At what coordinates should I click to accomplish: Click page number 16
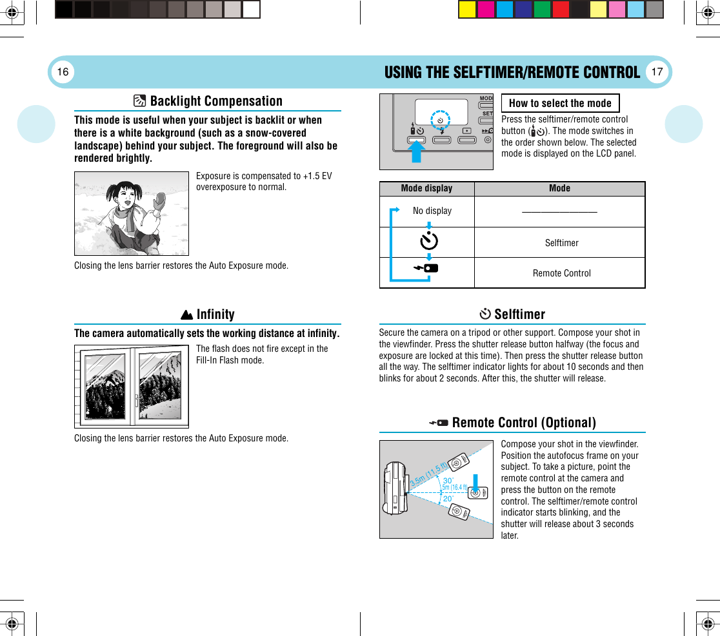click(63, 72)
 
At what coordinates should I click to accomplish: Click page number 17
click(657, 72)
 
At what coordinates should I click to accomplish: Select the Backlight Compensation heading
click(215, 101)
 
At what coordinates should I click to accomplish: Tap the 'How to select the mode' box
click(559, 103)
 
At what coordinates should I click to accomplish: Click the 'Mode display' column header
click(426, 188)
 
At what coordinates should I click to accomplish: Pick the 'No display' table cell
click(432, 211)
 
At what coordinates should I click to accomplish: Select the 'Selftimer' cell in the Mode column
click(561, 243)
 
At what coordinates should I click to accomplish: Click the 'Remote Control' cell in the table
click(561, 273)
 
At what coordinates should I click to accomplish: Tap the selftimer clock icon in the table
click(428, 241)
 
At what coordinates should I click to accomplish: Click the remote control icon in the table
click(427, 269)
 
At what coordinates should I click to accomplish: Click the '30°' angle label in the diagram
click(447, 480)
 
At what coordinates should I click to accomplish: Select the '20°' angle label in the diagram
click(447, 497)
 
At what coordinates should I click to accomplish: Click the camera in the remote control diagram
click(394, 488)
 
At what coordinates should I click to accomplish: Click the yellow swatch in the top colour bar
click(467, 10)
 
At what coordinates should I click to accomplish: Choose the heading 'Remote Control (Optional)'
click(523, 423)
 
